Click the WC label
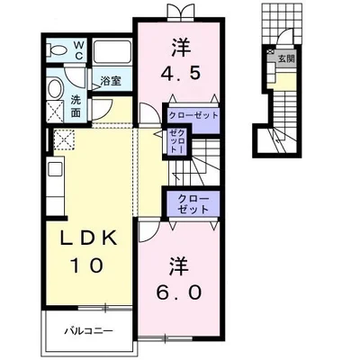click(x=79, y=50)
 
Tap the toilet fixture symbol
click(x=57, y=50)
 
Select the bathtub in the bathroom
click(x=112, y=51)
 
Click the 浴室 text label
click(x=111, y=81)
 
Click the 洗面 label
click(x=76, y=107)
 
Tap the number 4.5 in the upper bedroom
click(x=180, y=61)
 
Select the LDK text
click(x=88, y=238)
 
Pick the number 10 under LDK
click(x=87, y=265)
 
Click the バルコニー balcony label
click(x=89, y=331)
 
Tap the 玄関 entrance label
click(x=286, y=58)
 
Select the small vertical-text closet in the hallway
click(x=175, y=140)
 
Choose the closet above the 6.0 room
click(x=193, y=204)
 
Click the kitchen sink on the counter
click(x=56, y=170)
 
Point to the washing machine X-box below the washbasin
click(x=56, y=112)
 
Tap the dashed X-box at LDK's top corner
click(x=64, y=139)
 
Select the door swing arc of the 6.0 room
click(x=149, y=232)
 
